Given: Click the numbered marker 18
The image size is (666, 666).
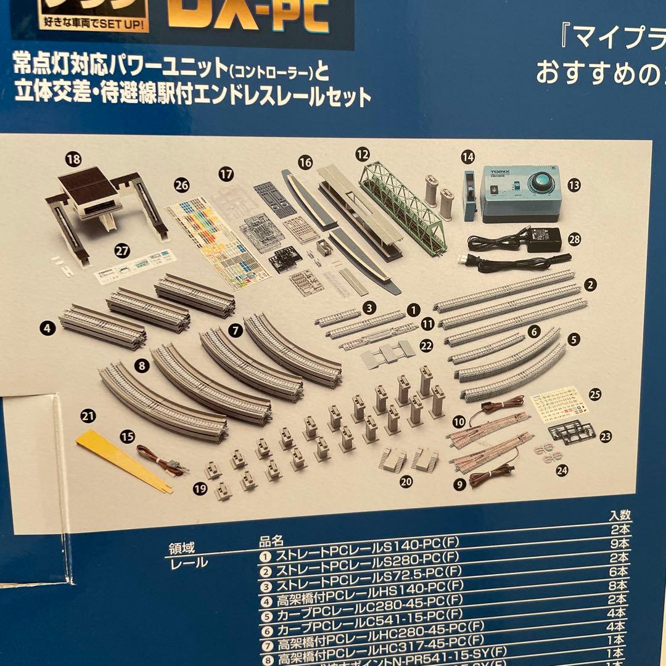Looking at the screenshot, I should coord(73,158).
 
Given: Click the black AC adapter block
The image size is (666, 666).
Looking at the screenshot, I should coord(543,239).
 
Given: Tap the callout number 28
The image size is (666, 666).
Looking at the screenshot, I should coord(574,240).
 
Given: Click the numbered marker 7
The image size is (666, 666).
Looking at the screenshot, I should coord(235,330).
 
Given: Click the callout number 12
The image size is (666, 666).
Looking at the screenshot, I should coord(363,152).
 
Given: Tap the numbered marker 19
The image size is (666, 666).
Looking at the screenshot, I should coord(197,489).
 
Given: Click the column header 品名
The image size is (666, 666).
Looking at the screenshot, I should coord(271,541).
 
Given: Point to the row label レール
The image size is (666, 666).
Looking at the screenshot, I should coord(188,562).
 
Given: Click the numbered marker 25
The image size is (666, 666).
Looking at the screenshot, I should coord(595,395).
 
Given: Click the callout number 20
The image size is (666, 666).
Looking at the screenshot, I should coord(405,482).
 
